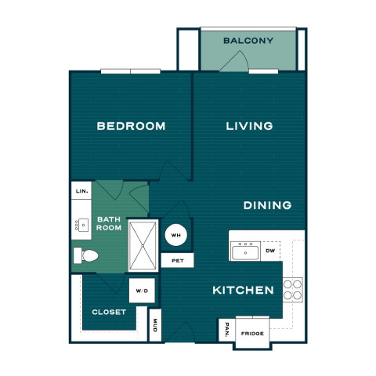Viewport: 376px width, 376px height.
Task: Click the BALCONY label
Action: pyautogui.click(x=248, y=41)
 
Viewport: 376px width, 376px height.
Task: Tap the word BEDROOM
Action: pyautogui.click(x=131, y=126)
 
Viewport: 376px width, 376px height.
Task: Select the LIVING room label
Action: pyautogui.click(x=249, y=126)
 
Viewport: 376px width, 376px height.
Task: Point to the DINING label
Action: pyautogui.click(x=267, y=205)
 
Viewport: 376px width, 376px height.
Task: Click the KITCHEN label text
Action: pyautogui.click(x=243, y=290)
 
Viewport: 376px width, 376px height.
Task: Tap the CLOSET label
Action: pyautogui.click(x=109, y=312)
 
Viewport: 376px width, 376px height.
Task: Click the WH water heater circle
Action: pyautogui.click(x=176, y=235)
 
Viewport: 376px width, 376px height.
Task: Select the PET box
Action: pyautogui.click(x=178, y=260)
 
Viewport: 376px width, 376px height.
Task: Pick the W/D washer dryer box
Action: pyautogui.click(x=142, y=291)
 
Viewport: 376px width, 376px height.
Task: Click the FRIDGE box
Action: pyautogui.click(x=252, y=333)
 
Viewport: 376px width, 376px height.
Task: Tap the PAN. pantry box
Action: pyautogui.click(x=227, y=331)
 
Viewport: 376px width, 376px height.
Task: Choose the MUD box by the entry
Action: pyautogui.click(x=155, y=325)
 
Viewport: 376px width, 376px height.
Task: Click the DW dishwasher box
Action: pyautogui.click(x=270, y=251)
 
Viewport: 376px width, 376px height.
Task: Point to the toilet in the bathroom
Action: pyautogui.click(x=86, y=255)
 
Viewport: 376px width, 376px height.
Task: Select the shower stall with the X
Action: pyautogui.click(x=143, y=246)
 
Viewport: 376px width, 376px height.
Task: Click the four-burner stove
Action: pyautogui.click(x=293, y=290)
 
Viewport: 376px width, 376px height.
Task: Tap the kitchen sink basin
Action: pyautogui.click(x=245, y=252)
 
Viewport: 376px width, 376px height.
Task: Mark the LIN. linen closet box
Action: pyautogui.click(x=81, y=190)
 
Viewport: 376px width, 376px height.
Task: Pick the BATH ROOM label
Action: pyautogui.click(x=109, y=223)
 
